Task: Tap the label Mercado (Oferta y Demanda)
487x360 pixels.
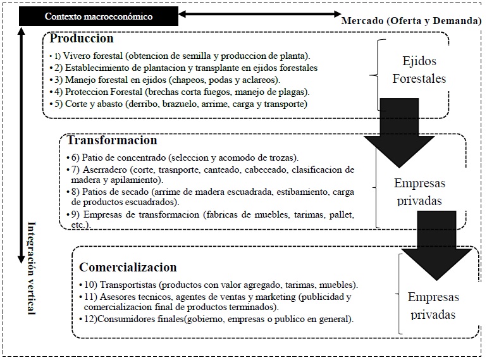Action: tap(411, 21)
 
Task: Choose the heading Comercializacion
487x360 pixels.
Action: tap(128, 267)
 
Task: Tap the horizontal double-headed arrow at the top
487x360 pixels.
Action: tap(259, 13)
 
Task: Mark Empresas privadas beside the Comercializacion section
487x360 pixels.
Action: tap(433, 306)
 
